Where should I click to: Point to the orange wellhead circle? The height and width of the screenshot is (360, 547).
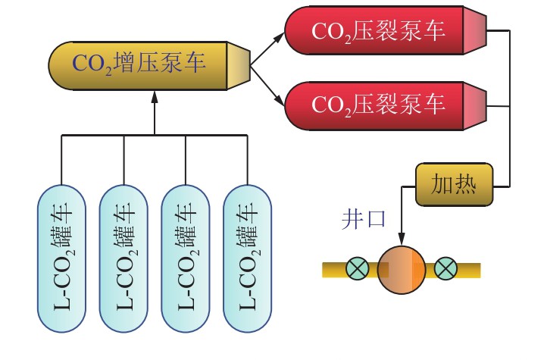click(x=402, y=269)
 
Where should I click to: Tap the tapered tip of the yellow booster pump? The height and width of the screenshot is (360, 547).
click(x=238, y=64)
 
